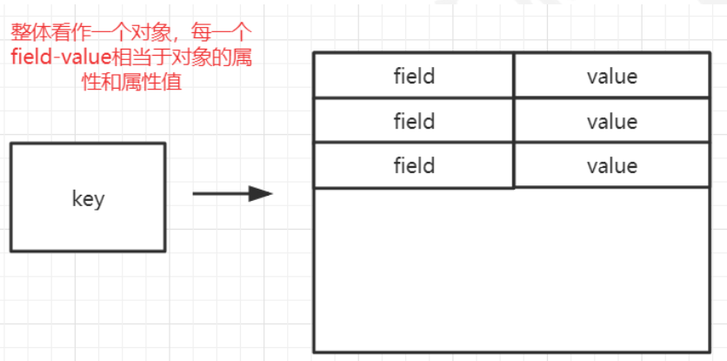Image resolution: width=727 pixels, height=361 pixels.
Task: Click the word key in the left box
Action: tap(88, 199)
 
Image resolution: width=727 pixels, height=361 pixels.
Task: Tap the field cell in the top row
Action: tap(414, 77)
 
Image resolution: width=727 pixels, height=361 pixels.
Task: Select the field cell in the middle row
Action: tap(414, 121)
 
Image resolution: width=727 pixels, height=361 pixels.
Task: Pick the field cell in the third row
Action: tap(414, 165)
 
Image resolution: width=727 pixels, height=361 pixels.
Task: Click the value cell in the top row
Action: tap(611, 77)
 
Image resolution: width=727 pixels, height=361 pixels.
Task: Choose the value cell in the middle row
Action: tap(611, 121)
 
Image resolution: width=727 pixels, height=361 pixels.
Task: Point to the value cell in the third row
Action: tap(611, 165)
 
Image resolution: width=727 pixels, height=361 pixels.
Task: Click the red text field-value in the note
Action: tap(52, 60)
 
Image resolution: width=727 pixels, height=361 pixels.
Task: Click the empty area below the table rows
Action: tap(512, 270)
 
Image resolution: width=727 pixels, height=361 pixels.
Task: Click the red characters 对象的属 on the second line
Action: tap(223, 60)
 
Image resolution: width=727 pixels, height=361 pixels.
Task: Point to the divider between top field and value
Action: tap(514, 76)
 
